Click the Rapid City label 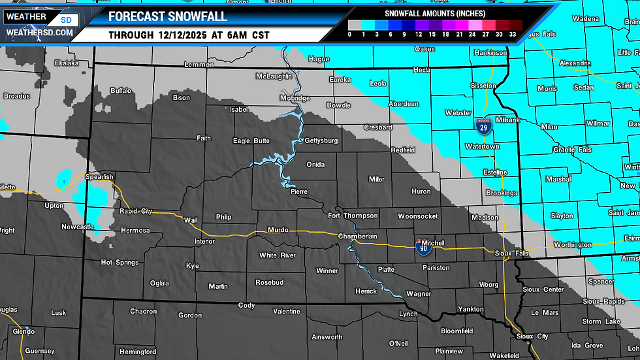click(x=135, y=211)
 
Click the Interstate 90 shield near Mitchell click(x=423, y=247)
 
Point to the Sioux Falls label click(x=511, y=253)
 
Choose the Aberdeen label click(x=404, y=104)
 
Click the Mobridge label click(x=295, y=98)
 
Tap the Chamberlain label click(x=358, y=236)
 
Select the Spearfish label click(x=99, y=176)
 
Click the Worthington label click(x=573, y=244)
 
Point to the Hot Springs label click(x=120, y=262)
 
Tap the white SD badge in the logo click(x=66, y=20)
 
